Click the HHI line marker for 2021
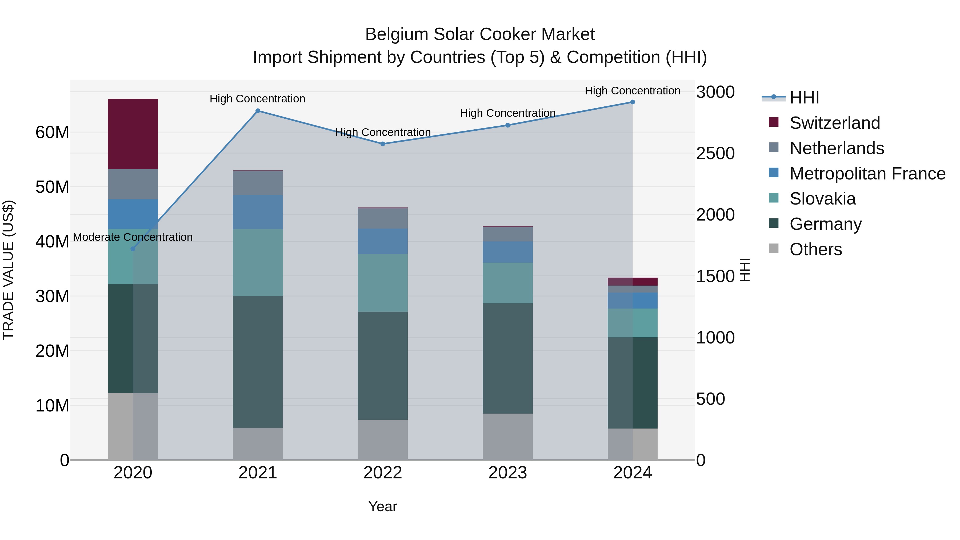(x=258, y=111)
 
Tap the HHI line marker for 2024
(x=633, y=102)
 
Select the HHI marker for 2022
(x=383, y=144)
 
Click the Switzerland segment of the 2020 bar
(x=133, y=134)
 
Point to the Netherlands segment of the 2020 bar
(x=133, y=184)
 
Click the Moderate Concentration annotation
(x=133, y=237)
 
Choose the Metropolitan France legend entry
(x=867, y=174)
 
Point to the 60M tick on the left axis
(x=52, y=132)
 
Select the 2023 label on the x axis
(x=507, y=473)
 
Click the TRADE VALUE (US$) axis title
(x=8, y=270)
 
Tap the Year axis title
(x=383, y=506)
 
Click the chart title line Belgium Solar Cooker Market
(x=480, y=34)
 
